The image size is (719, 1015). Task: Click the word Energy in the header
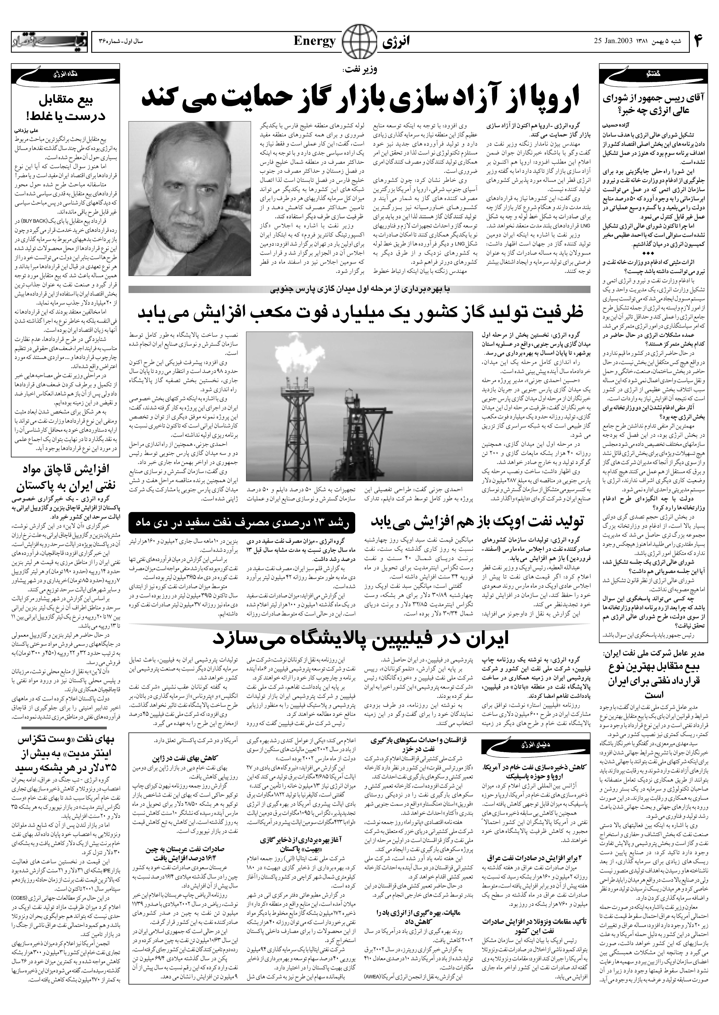[314, 42]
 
